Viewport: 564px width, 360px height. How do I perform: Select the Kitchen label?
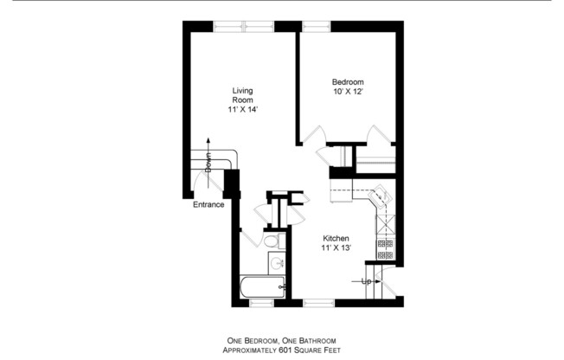[336, 239]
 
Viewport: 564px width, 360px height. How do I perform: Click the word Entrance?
[208, 205]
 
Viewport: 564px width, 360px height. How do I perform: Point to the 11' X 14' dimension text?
[242, 110]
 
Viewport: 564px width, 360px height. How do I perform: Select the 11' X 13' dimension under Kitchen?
[336, 248]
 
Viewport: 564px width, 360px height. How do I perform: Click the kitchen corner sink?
[380, 197]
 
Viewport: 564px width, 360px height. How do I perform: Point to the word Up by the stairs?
[367, 282]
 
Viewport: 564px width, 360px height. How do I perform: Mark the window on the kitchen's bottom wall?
[317, 304]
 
